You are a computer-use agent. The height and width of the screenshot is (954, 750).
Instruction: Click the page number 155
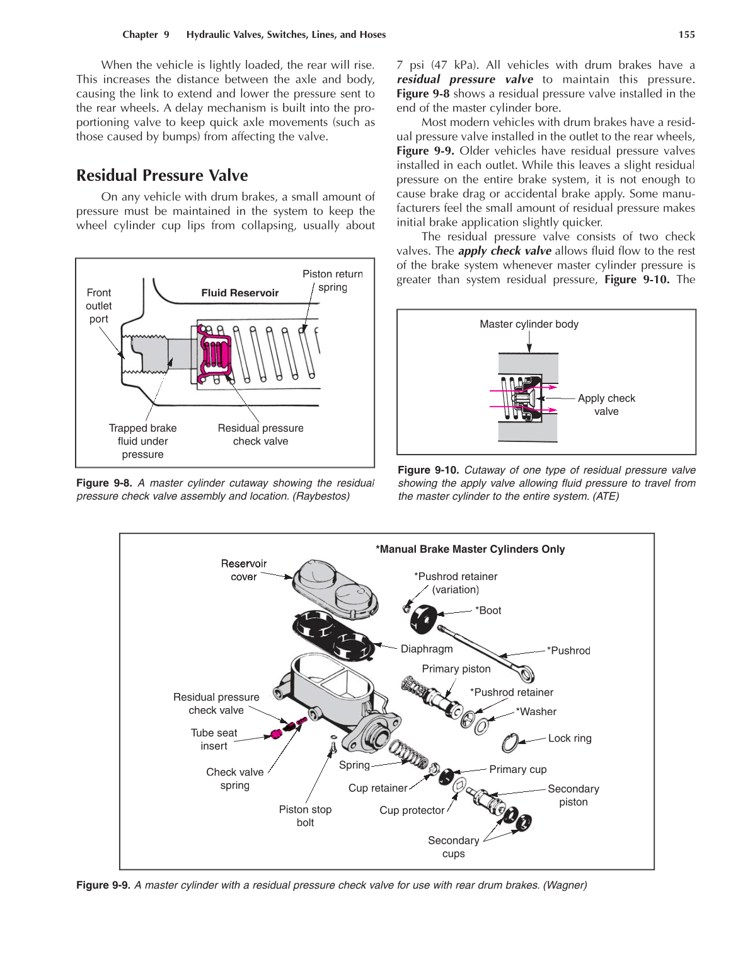(686, 35)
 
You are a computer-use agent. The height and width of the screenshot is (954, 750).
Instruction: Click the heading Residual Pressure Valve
(162, 175)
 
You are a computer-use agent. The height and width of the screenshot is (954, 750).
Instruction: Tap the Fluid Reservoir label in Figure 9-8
(239, 293)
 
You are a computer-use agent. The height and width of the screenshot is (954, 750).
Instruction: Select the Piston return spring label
(332, 281)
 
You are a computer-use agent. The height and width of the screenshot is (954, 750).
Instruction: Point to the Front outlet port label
(98, 306)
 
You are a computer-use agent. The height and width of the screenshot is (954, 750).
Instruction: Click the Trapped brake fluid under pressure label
(142, 441)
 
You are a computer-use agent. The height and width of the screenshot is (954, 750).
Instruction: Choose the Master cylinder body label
(529, 324)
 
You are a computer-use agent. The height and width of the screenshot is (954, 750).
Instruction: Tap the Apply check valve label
(606, 405)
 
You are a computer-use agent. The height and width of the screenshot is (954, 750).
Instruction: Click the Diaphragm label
(427, 649)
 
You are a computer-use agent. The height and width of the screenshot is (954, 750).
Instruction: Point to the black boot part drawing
(423, 618)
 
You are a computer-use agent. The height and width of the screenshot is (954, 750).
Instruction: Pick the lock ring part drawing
(510, 743)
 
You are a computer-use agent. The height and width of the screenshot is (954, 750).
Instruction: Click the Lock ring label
(570, 738)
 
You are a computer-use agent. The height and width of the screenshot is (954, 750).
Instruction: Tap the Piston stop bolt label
(305, 816)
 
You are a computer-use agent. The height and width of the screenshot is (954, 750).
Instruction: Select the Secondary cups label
(453, 847)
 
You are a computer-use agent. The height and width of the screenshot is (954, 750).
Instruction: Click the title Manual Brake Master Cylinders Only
(470, 549)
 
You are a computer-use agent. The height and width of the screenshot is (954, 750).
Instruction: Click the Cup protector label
(412, 810)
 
